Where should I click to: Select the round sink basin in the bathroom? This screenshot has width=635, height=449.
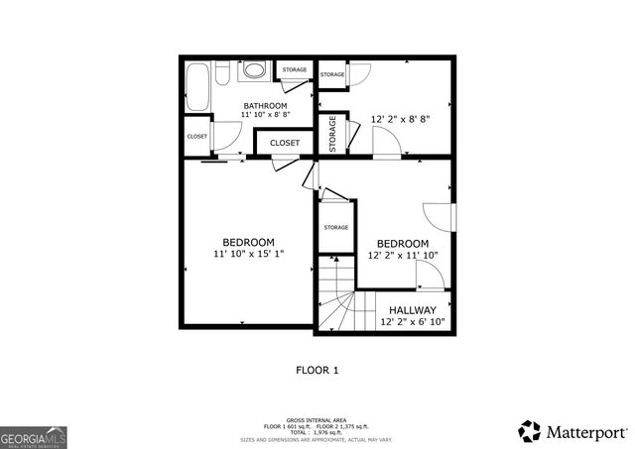(x=253, y=71)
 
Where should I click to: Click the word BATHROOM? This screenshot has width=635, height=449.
(x=266, y=106)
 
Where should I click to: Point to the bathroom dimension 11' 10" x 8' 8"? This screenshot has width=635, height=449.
(x=266, y=116)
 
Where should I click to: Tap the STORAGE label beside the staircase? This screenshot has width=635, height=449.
(x=336, y=228)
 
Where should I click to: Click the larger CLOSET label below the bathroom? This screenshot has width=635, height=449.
(x=285, y=143)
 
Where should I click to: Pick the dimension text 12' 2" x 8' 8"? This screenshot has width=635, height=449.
(x=400, y=119)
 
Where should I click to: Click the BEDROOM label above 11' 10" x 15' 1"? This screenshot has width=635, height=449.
(x=248, y=243)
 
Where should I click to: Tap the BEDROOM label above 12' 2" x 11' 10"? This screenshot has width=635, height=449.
(x=402, y=244)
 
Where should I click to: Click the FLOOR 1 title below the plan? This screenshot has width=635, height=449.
(x=317, y=371)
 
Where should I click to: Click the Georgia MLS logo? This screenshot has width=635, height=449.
(x=34, y=436)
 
